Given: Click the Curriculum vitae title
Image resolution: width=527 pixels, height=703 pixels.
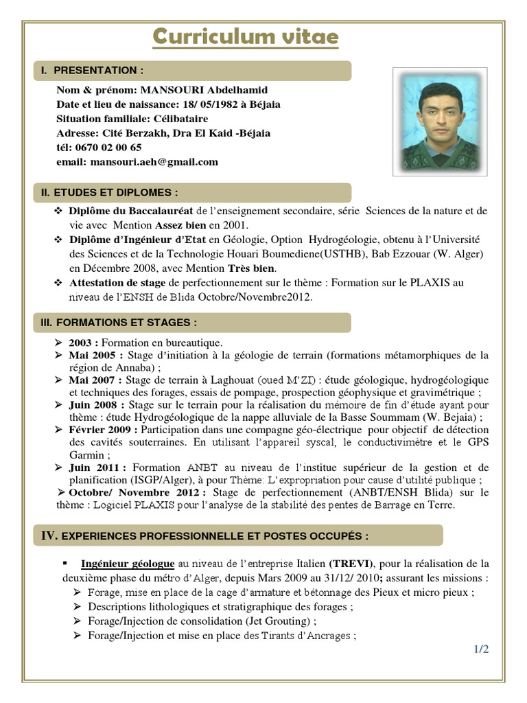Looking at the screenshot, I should [245, 37].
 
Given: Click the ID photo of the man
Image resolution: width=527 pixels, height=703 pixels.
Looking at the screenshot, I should [439, 121].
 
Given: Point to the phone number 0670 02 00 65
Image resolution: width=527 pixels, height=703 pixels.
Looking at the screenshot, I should [109, 147].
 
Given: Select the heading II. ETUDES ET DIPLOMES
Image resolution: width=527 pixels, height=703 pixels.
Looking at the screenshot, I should [110, 192].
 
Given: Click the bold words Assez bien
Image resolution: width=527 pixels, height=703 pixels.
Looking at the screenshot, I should [180, 225].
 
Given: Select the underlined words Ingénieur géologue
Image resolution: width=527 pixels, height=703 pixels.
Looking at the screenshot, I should [128, 564].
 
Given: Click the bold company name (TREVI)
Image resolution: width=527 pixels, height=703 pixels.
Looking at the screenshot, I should [351, 564].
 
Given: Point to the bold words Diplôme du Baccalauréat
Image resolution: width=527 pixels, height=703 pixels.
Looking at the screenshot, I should [131, 211].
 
